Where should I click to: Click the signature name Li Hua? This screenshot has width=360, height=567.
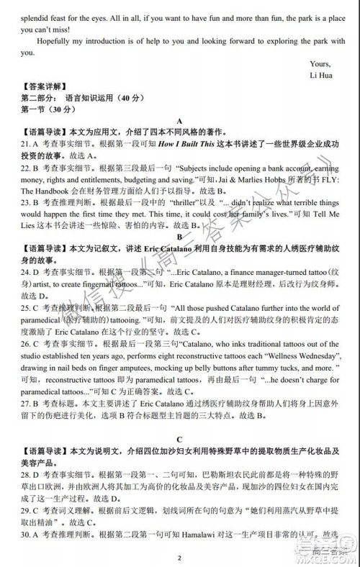pos(323,75)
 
